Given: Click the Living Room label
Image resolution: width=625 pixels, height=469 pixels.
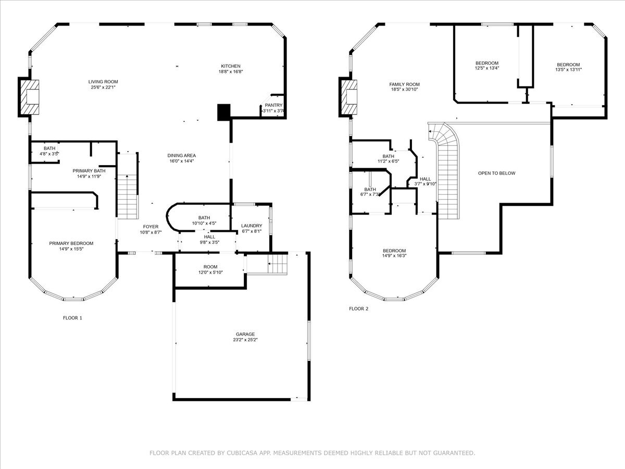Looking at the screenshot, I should pos(103,82).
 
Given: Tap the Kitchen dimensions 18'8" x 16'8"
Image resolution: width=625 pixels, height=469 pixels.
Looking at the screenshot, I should pos(231,72).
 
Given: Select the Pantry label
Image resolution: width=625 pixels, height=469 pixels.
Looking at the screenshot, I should pos(273,105).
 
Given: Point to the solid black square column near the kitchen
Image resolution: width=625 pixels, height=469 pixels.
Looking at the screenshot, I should pos(223,112).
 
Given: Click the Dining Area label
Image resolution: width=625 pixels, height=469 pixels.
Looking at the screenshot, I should pos(181,156).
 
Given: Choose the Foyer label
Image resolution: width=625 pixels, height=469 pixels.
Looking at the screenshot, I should pos(151,227).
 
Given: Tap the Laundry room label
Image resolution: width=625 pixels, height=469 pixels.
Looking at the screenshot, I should pos(252,226).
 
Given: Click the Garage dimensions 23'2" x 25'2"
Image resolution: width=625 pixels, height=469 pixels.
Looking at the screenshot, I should pos(245,340).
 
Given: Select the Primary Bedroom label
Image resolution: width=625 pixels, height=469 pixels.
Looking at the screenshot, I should pos(71,243).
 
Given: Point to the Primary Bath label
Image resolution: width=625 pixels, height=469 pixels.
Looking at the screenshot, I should pos(89,171).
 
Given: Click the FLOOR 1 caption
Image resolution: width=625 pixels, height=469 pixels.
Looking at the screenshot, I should pos(72,317).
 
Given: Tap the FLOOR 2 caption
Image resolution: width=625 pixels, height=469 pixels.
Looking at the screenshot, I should pos(358,308).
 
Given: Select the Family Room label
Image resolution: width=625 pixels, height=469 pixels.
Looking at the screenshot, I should pos(404,84).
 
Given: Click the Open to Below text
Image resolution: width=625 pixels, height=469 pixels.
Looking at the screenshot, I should pos(496,173).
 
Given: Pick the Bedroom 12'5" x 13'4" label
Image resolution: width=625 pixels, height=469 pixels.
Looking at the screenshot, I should pos(486,63).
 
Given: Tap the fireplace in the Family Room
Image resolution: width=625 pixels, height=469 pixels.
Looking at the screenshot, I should pos(349,97).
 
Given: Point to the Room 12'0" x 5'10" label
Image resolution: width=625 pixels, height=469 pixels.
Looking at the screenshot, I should pos(207,267).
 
